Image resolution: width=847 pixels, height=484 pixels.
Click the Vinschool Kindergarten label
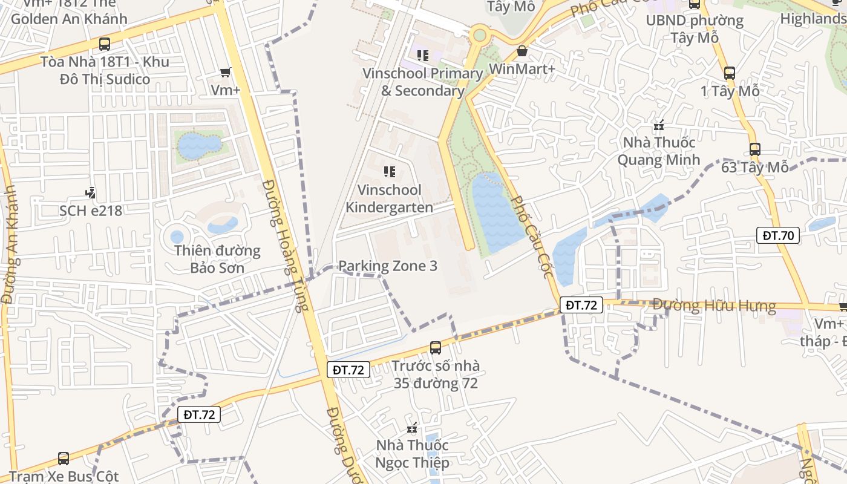389,198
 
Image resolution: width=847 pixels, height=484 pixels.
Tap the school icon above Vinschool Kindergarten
389,172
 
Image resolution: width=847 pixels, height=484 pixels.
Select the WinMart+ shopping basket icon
522,51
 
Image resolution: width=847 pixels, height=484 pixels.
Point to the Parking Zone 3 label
388,266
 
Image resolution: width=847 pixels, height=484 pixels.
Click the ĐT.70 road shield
778,235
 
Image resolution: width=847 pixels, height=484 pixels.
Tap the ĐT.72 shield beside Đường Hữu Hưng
581,305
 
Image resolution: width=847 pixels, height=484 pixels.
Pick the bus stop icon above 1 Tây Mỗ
730,73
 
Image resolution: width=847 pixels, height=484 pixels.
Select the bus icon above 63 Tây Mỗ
754,149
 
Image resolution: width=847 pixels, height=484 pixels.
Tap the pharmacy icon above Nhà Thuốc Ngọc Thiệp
413,428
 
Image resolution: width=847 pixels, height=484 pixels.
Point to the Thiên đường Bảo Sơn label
217,259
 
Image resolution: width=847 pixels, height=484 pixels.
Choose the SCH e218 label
91,211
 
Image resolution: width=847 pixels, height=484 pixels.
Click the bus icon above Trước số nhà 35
436,348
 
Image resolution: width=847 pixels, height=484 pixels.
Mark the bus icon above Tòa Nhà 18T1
105,44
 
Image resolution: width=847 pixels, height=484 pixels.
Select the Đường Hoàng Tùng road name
289,245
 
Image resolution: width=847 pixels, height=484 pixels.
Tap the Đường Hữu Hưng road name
714,306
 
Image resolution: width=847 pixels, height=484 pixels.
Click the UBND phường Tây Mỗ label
695,28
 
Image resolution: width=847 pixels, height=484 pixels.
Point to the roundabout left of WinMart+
480,35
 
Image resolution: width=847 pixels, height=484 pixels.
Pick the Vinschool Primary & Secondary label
422,82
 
